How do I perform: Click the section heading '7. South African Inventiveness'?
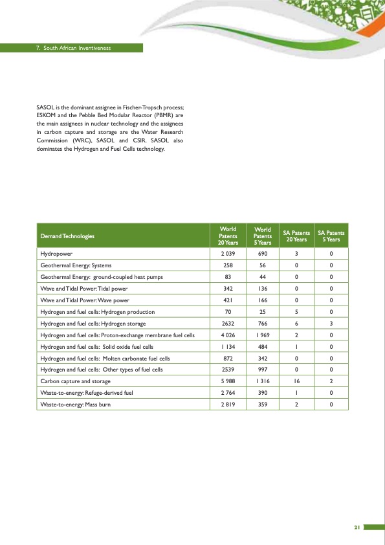pos(74,48)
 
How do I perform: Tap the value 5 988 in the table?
pos(228,381)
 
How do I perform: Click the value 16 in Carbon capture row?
pos(296,381)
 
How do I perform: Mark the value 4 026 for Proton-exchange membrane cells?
pos(228,335)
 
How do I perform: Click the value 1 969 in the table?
pos(262,335)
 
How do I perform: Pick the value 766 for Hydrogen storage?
pos(262,323)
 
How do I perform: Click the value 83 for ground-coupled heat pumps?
pos(228,276)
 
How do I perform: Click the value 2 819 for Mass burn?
pos(228,405)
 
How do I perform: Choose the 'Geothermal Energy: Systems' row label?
pos(76,265)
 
